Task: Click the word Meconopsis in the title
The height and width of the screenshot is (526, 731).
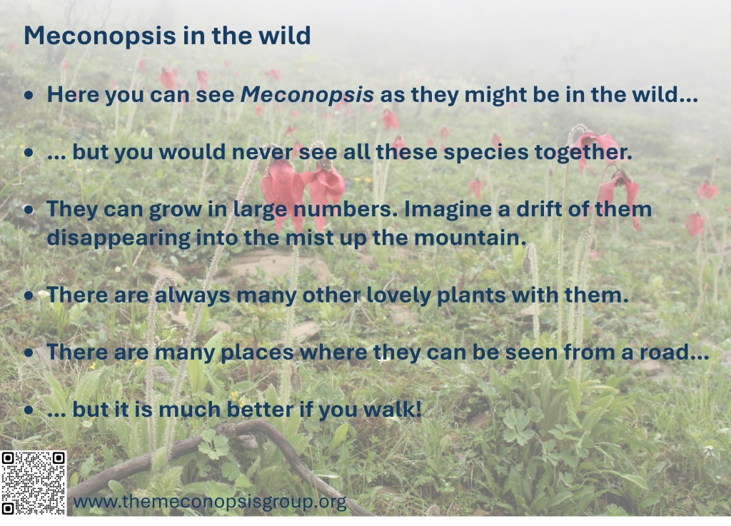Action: [100, 36]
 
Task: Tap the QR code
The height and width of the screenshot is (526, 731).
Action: [33, 483]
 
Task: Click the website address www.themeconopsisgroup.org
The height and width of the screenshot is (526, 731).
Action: [210, 502]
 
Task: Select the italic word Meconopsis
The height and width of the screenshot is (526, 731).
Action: [307, 95]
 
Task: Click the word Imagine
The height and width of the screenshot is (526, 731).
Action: [448, 209]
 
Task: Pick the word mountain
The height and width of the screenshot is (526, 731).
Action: [470, 238]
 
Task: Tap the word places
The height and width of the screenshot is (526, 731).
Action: [257, 353]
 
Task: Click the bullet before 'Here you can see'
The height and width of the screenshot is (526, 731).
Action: [29, 96]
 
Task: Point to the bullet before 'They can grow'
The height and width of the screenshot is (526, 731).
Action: [29, 210]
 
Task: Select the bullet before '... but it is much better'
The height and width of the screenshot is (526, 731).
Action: [29, 410]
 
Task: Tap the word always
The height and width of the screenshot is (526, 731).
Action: [192, 295]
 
